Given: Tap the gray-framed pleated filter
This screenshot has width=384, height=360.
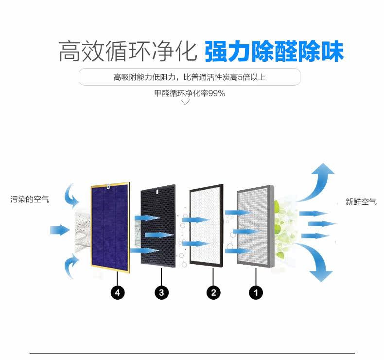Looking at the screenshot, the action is (x=254, y=226).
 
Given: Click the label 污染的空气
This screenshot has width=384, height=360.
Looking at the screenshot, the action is (x=30, y=199).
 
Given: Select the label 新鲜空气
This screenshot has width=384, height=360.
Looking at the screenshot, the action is (x=361, y=202).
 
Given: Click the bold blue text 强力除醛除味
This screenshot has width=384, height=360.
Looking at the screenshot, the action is (x=274, y=52).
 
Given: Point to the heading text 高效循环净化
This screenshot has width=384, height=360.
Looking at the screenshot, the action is (x=127, y=52).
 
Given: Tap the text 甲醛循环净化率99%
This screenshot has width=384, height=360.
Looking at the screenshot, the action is (x=190, y=93).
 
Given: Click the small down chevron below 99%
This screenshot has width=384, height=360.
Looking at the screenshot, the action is (x=185, y=102).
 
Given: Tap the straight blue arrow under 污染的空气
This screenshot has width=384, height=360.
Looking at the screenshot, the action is (x=59, y=229).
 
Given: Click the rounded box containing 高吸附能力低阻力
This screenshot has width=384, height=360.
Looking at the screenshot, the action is (x=190, y=77).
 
